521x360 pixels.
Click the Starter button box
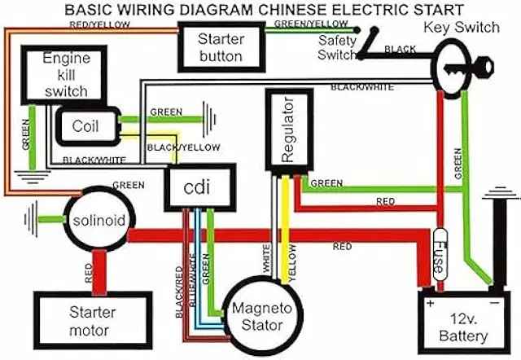click(221, 46)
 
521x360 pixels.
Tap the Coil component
click(85, 127)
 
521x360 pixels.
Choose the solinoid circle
click(99, 221)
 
